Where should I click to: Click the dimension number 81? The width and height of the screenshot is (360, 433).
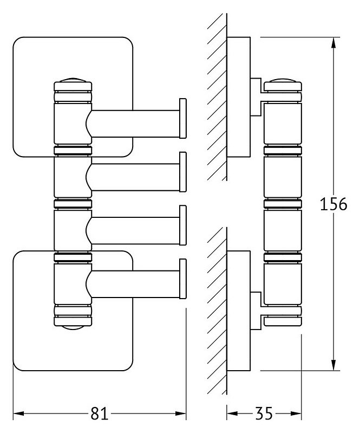click(x=99, y=414)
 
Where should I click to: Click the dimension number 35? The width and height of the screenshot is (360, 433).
click(x=264, y=413)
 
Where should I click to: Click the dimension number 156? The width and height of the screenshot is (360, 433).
click(x=333, y=204)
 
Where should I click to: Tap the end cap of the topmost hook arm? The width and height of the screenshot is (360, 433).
click(x=183, y=118)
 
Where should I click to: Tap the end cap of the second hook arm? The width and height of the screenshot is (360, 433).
click(x=183, y=172)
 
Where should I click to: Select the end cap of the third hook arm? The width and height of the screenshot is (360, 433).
click(x=183, y=225)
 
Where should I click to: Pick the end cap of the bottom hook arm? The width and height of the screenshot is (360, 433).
click(x=183, y=279)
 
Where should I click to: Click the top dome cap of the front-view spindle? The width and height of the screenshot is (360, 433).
click(x=73, y=80)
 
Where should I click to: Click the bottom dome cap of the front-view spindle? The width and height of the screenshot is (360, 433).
click(x=73, y=327)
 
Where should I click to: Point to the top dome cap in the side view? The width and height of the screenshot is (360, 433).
click(x=283, y=80)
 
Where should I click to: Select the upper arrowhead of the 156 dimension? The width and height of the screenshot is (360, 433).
click(x=333, y=43)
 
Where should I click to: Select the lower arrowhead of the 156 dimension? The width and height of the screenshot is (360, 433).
click(x=333, y=364)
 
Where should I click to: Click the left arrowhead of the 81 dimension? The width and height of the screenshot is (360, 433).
click(x=18, y=413)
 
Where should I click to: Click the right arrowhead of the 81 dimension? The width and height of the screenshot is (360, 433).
click(x=181, y=413)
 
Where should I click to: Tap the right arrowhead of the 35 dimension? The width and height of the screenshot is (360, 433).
click(x=296, y=413)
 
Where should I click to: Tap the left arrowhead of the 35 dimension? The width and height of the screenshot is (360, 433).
click(x=232, y=413)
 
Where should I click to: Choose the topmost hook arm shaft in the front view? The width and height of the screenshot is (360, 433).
click(x=135, y=124)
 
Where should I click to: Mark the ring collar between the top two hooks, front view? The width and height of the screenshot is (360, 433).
click(x=73, y=151)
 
